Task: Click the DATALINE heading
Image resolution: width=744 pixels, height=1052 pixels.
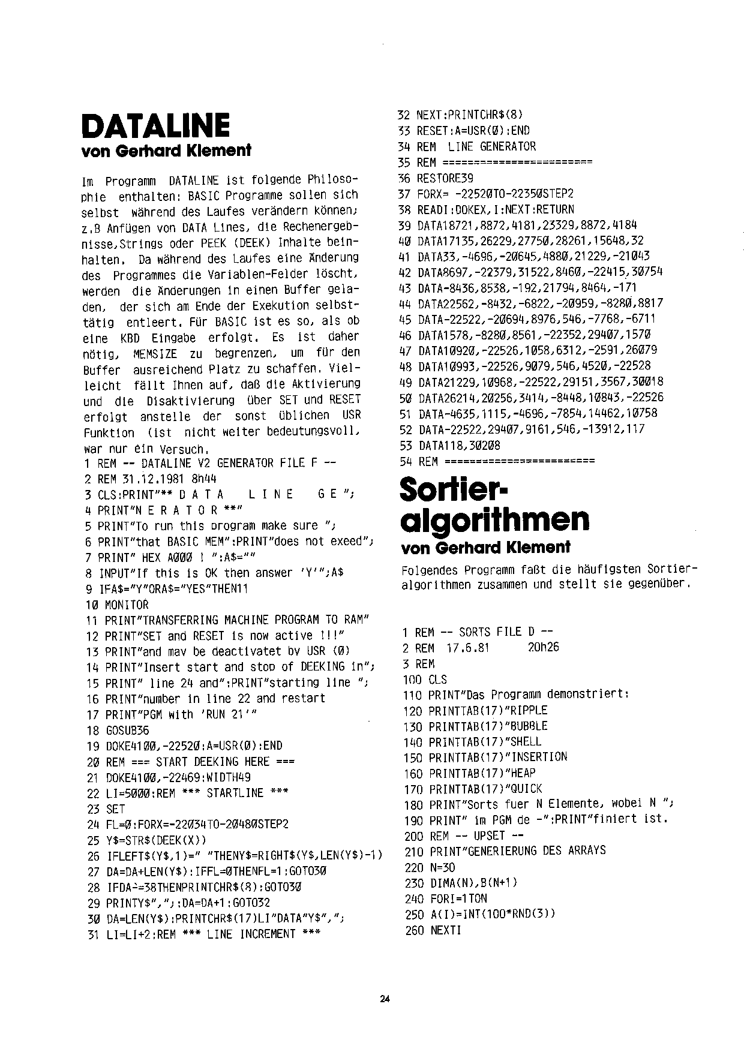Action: tap(155, 127)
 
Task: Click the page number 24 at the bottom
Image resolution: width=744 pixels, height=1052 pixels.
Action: tap(385, 999)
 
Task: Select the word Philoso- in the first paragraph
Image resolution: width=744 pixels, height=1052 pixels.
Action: tap(332, 180)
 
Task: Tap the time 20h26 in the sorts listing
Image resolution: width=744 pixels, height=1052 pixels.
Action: tap(543, 648)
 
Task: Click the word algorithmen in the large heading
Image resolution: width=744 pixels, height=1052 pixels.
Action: tap(495, 519)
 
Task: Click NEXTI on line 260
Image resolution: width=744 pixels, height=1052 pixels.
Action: tap(445, 930)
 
